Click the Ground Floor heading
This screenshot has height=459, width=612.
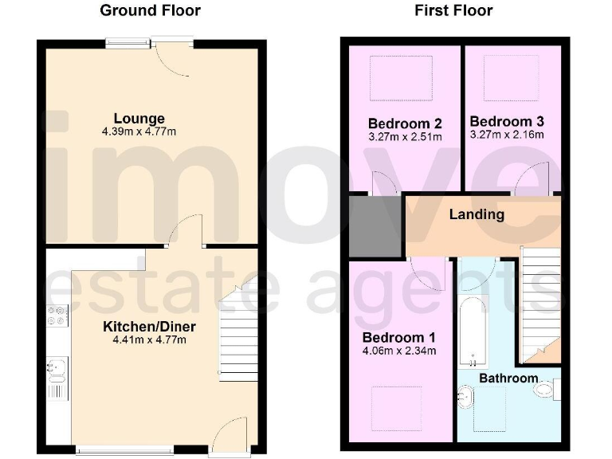click(150, 10)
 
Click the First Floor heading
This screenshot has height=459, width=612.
click(453, 10)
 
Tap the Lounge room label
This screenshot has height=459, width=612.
click(139, 119)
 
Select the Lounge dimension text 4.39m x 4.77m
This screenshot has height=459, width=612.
click(139, 131)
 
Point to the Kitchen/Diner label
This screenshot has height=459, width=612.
click(149, 326)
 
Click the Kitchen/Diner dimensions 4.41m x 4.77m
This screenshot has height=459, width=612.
click(149, 339)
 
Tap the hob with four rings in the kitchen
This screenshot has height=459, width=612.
click(57, 316)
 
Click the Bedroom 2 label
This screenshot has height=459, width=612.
click(405, 124)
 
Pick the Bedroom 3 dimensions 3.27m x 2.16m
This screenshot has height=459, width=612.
click(507, 135)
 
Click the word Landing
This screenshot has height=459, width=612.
click(477, 214)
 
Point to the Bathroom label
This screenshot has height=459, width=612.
click(508, 378)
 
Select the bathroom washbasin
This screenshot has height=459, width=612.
click(468, 394)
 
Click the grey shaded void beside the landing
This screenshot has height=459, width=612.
click(375, 226)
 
